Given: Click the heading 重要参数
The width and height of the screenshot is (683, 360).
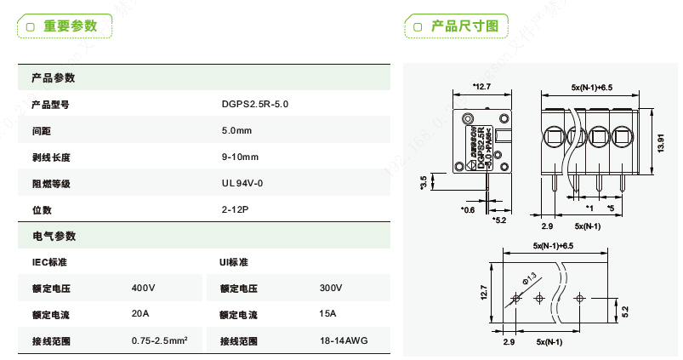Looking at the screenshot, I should click(71, 26).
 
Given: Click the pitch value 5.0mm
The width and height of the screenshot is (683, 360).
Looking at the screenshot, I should click(236, 131).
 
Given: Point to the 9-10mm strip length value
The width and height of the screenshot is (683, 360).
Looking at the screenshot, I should click(239, 157).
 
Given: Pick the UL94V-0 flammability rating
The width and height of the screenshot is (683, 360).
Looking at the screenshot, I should click(242, 183).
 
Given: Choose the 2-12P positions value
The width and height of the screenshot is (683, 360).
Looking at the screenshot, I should click(234, 209).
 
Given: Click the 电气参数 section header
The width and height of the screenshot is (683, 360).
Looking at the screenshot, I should click(54, 236).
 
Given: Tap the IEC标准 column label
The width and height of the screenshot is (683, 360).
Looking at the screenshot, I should click(49, 262).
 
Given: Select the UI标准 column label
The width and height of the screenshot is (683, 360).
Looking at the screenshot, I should click(234, 262).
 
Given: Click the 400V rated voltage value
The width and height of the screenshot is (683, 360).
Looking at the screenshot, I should click(144, 289).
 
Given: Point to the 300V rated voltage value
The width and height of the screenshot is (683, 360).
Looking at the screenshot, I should click(331, 289).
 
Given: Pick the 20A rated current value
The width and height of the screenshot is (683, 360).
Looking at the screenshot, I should click(140, 314).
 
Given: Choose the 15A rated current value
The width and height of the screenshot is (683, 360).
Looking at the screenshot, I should click(327, 314).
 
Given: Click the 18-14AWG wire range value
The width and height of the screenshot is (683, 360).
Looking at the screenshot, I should click(344, 340).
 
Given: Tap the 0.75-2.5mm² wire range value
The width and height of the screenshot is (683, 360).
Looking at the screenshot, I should click(160, 340).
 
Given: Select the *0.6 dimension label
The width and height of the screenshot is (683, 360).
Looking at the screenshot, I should click(467, 209).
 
